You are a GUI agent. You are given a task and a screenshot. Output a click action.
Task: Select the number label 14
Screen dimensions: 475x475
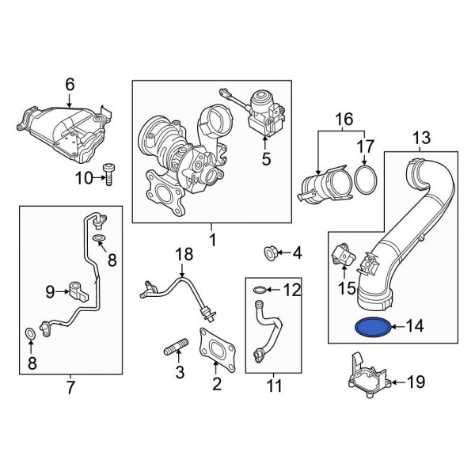(x=416, y=325)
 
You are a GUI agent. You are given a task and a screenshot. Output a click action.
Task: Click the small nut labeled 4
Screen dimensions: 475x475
(x=270, y=253)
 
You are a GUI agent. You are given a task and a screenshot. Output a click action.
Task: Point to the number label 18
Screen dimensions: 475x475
(x=184, y=254)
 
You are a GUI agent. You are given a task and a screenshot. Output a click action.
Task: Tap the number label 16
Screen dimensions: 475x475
(x=342, y=120)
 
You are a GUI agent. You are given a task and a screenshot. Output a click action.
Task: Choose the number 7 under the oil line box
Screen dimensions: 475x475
(x=69, y=388)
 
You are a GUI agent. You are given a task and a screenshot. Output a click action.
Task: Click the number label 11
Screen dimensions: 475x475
(x=274, y=387)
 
